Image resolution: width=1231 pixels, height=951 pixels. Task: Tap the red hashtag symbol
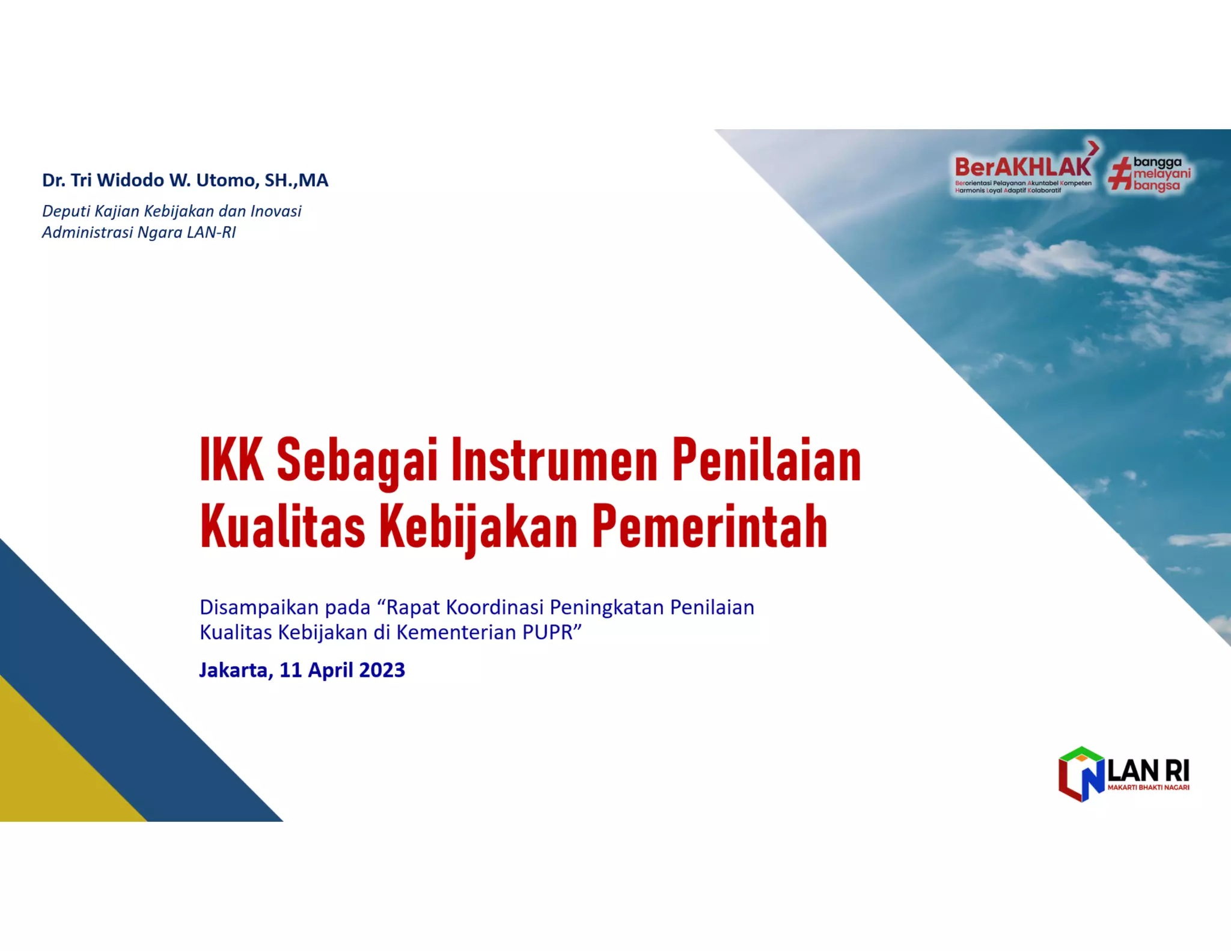1119,174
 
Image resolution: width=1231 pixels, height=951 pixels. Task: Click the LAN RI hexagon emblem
1081,774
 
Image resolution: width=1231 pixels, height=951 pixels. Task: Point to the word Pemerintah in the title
710,527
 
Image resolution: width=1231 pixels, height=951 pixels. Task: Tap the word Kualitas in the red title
283,527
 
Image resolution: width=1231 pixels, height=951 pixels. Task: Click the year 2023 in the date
382,670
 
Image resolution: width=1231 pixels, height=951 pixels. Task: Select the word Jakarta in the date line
233,670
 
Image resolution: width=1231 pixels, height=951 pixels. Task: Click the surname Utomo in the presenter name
228,180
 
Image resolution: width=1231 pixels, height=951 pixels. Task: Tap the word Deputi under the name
66,212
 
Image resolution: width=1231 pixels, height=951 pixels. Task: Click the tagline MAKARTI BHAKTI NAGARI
1148,787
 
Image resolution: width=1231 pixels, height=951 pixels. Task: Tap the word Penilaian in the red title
766,460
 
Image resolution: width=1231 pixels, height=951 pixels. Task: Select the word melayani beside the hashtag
1161,174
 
